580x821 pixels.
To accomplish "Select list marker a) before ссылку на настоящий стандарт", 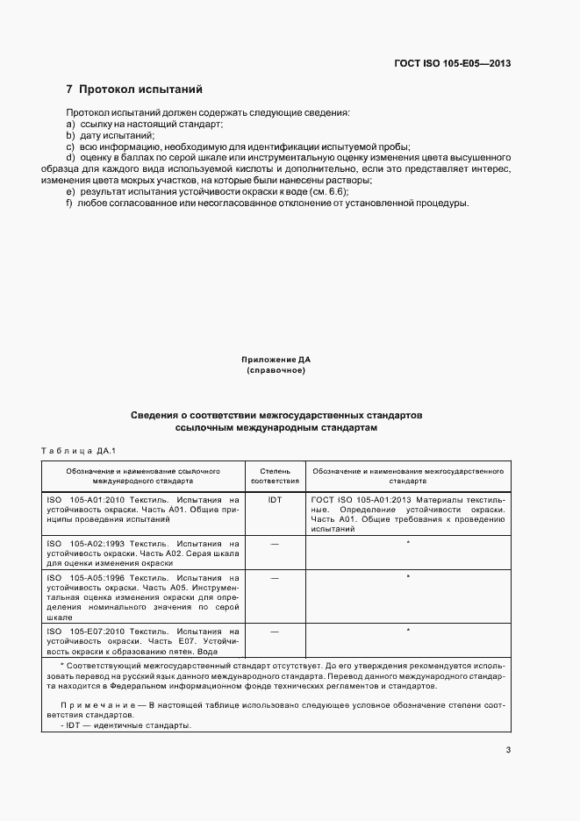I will click(x=70, y=125).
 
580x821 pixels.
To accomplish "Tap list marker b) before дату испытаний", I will click(x=70, y=136).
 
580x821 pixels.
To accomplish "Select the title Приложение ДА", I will click(x=276, y=360).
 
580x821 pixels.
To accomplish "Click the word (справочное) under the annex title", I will click(x=276, y=370).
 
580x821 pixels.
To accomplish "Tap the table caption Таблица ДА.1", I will click(x=79, y=451).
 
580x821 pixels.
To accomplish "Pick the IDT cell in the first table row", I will click(x=275, y=498).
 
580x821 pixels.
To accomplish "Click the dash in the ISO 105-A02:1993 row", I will click(x=275, y=545).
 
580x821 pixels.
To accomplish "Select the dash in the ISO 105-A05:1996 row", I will click(x=275, y=579).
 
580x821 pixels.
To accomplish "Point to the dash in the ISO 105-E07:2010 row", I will click(x=275, y=631).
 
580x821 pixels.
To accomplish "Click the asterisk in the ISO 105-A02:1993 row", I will click(x=408, y=545).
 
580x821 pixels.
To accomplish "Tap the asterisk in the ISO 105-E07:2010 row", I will click(x=408, y=631).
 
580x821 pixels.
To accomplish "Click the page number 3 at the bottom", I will click(x=508, y=749).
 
